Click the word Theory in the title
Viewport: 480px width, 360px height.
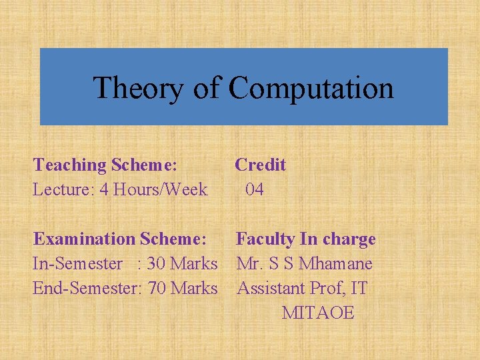[138, 88]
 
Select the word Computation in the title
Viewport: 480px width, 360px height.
[311, 88]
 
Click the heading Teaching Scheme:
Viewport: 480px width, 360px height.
[105, 165]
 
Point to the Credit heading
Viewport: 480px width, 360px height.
[260, 165]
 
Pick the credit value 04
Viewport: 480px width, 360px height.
[255, 189]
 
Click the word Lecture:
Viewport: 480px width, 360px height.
[64, 189]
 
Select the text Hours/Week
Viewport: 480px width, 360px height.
[161, 189]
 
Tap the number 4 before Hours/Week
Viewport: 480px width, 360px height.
[104, 189]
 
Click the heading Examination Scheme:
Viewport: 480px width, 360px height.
[120, 239]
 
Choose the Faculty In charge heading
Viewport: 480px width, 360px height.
[305, 239]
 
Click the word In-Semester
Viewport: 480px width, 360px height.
[77, 263]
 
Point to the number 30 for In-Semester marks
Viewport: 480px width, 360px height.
[155, 263]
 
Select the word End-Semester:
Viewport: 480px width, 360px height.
[87, 288]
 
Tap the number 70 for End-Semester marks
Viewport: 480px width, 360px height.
[157, 288]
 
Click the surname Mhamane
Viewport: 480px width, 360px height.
[335, 263]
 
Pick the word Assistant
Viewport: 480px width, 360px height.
[271, 288]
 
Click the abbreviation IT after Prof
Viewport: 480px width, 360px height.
[359, 288]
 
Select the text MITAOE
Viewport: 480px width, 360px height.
[318, 313]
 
